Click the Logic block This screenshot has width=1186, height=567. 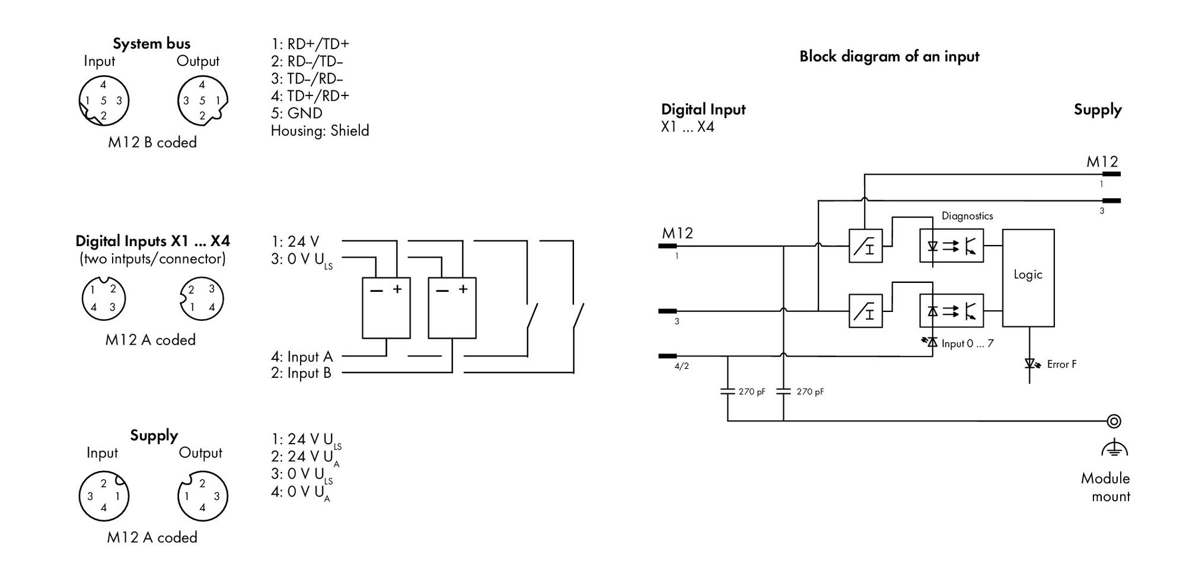click(x=1028, y=278)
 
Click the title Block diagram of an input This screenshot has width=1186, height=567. click(x=889, y=56)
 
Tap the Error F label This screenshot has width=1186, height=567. click(x=1061, y=364)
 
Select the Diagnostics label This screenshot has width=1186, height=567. click(x=967, y=216)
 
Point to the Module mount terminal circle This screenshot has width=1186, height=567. click(x=1114, y=421)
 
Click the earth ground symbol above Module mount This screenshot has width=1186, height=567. click(x=1114, y=448)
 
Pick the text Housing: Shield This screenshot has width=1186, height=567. click(x=320, y=130)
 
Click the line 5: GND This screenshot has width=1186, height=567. click(x=296, y=113)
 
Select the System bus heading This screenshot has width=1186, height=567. click(x=152, y=44)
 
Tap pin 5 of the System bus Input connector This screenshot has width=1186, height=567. click(x=103, y=101)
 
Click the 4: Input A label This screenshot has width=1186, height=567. click(x=302, y=356)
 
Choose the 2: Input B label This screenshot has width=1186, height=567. click(x=301, y=373)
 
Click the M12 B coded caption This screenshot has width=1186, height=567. click(x=152, y=142)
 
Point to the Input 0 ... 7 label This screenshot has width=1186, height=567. click(x=967, y=343)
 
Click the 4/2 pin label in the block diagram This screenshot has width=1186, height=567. click(x=682, y=367)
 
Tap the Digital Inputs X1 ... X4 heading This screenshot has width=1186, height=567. click(x=152, y=241)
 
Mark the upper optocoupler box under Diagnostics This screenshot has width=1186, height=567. click(x=951, y=246)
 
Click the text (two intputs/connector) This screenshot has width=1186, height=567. click(x=152, y=259)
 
